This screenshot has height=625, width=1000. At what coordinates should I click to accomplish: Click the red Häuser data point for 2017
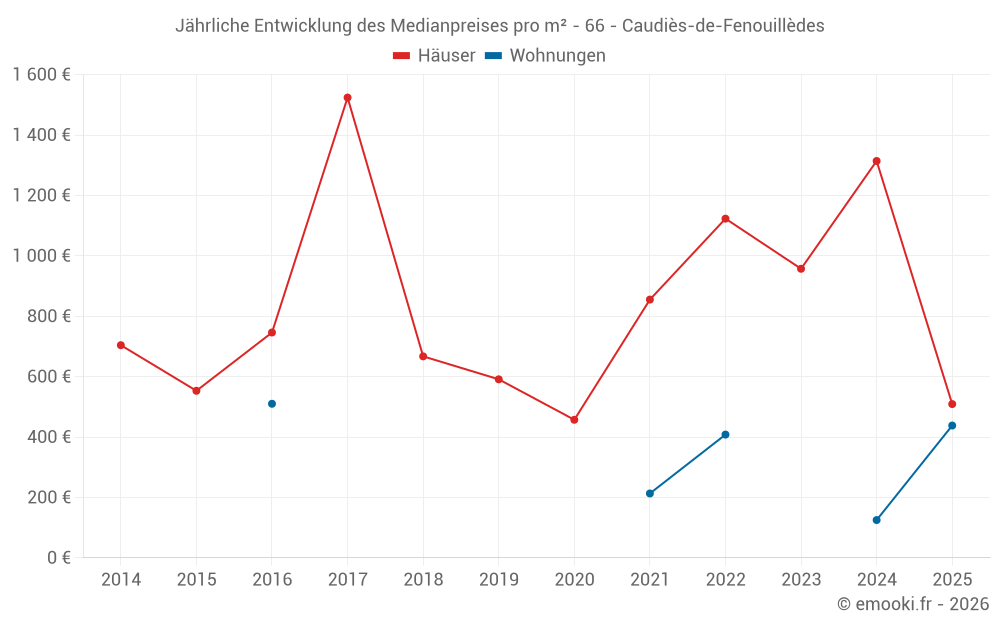[347, 98]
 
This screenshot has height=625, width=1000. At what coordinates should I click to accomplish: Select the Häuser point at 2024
[876, 161]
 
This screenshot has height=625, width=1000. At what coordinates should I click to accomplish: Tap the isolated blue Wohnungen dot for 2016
[272, 404]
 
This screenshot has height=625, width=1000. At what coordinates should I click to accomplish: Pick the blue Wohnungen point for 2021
[650, 493]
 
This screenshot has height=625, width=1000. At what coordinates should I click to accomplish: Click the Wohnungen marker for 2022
[725, 435]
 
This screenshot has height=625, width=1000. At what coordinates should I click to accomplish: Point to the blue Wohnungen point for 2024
[876, 520]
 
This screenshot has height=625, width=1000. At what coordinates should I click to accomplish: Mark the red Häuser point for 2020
[574, 420]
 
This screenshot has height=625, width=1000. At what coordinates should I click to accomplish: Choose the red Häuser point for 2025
[952, 404]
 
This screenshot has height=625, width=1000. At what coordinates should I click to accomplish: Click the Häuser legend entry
[434, 56]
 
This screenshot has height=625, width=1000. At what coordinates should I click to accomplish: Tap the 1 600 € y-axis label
[41, 75]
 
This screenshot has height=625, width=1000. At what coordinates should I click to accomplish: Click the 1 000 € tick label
[41, 256]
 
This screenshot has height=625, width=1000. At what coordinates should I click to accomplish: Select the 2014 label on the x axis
[121, 580]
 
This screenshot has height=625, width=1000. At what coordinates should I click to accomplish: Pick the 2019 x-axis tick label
[498, 580]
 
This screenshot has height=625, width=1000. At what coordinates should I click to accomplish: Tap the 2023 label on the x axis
[801, 580]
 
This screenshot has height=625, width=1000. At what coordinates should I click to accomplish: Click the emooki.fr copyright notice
[912, 604]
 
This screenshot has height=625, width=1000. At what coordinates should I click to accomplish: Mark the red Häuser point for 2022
[725, 219]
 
